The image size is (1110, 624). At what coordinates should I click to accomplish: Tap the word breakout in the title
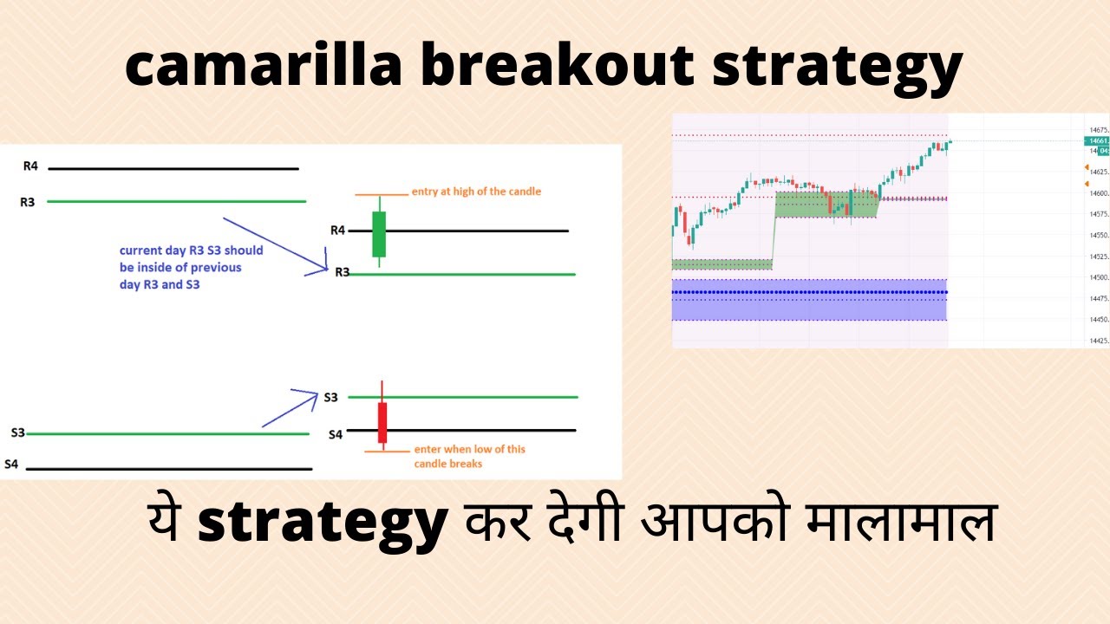pos(558,68)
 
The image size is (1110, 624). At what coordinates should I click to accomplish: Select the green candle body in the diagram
pos(379,233)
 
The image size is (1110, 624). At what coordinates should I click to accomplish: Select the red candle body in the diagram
pos(382,422)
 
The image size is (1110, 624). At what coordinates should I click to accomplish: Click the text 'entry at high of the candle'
pos(476,192)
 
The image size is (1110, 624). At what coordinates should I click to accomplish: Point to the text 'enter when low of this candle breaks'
pos(469,456)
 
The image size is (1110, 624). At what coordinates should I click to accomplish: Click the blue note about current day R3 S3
pos(191,267)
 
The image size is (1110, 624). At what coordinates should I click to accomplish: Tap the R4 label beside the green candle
pos(337,231)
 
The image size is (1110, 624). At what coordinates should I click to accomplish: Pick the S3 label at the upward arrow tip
pos(330,398)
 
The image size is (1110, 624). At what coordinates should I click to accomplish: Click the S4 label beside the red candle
pos(336,435)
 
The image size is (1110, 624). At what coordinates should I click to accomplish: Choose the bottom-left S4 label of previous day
pos(11,465)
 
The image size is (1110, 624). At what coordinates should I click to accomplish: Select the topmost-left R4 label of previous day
pos(31,165)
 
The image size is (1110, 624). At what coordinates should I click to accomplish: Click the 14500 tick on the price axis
pos(1097,278)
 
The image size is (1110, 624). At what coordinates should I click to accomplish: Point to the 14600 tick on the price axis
pos(1097,193)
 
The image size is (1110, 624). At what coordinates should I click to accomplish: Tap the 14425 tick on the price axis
pos(1097,341)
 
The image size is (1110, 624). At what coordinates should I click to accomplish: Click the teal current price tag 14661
pos(1097,140)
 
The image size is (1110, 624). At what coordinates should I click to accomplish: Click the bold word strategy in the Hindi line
pos(323,522)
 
